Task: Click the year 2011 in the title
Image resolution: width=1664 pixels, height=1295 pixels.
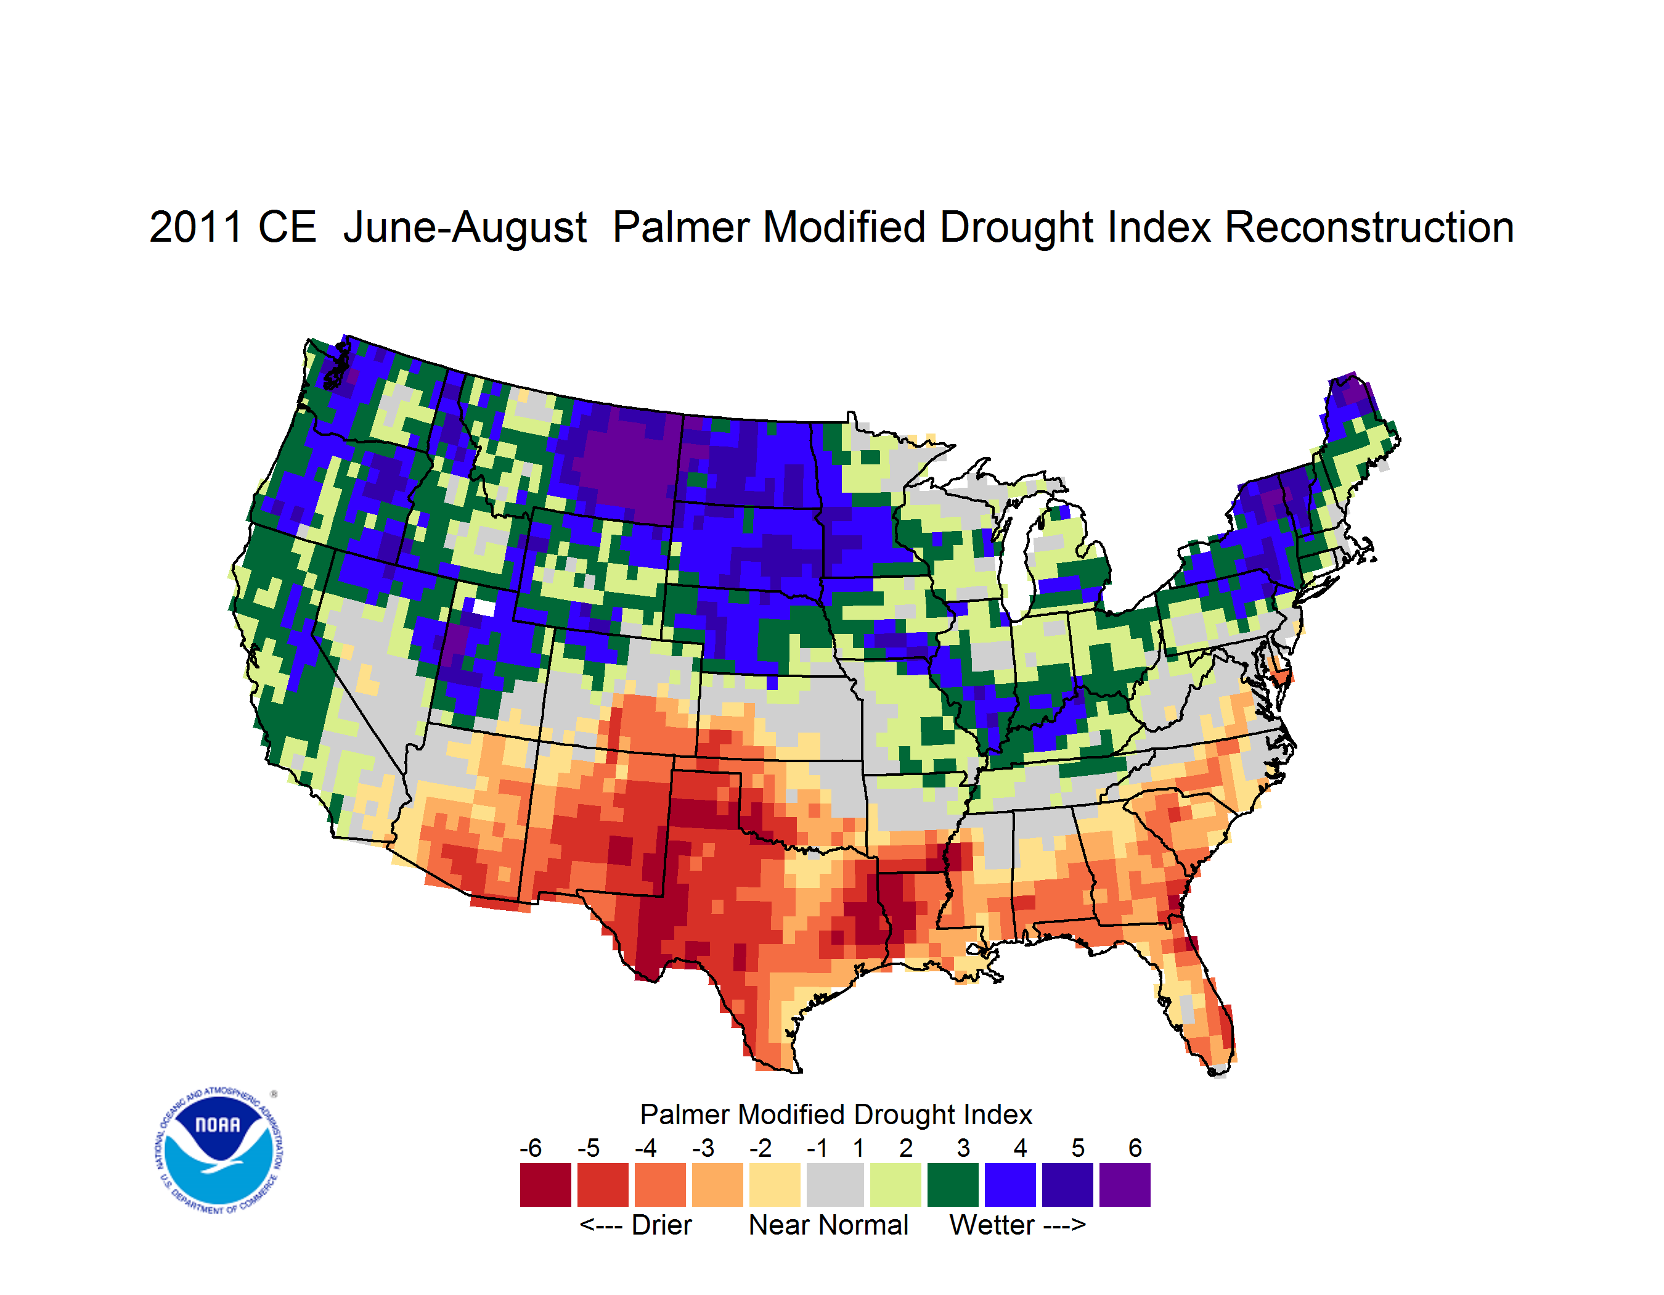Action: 197,227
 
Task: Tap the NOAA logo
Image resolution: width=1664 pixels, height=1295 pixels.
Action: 219,1151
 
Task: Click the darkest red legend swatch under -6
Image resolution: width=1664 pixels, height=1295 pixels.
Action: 545,1185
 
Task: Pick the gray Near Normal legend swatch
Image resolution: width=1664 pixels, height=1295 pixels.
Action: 835,1185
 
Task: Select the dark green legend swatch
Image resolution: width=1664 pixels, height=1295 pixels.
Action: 952,1185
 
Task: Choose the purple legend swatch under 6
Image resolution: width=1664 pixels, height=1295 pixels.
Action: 1125,1185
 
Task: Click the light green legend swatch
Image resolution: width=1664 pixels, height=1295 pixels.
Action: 895,1185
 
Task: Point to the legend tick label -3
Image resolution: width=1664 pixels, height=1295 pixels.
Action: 703,1148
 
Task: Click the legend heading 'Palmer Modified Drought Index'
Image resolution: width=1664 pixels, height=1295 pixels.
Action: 836,1114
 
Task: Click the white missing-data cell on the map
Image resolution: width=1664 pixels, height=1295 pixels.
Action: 484,607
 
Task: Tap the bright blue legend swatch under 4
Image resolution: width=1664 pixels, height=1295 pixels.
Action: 1010,1185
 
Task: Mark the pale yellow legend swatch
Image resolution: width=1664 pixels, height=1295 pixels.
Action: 775,1185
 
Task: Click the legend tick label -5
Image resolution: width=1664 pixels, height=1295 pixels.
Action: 588,1148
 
